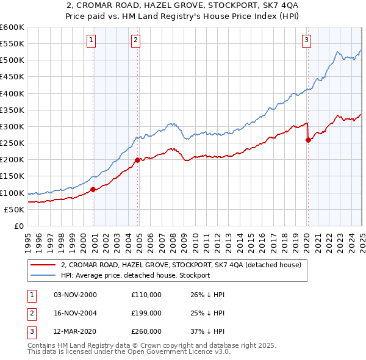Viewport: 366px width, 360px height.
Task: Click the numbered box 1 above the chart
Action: [x=91, y=41]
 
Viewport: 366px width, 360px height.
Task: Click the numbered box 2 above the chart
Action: [x=135, y=41]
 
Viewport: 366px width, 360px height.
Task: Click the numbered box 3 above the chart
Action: [x=306, y=41]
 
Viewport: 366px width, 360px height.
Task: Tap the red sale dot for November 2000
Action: [x=93, y=189]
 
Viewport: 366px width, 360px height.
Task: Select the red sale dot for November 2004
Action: [x=138, y=160]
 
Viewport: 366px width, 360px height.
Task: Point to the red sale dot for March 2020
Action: [x=308, y=140]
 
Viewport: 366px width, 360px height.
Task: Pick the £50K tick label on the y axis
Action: [x=14, y=209]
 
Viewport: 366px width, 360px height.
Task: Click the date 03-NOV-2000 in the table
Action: [x=76, y=295]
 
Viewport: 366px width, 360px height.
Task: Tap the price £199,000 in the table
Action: [x=146, y=313]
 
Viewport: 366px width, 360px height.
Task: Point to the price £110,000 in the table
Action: [x=146, y=295]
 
